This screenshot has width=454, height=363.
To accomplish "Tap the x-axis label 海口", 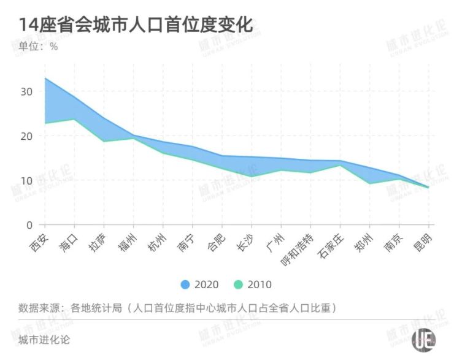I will [69, 241].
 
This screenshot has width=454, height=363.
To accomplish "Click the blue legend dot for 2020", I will [185, 285].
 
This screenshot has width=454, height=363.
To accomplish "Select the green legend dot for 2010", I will [239, 285].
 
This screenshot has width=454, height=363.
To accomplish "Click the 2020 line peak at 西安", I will [45, 78].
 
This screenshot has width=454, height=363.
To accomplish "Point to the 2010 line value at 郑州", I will [369, 183].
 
